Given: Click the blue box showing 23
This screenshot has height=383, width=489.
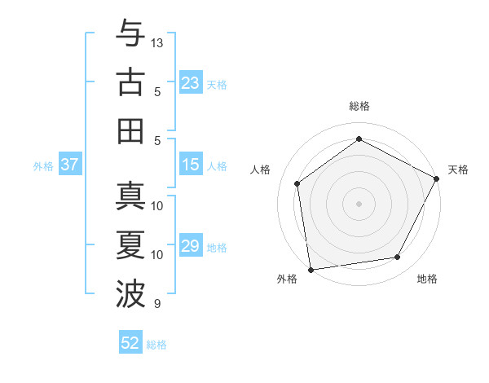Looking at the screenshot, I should point(191,82).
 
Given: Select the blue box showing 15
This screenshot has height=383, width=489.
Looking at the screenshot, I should point(191,165).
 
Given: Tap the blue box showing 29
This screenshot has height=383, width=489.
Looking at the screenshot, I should point(191,246).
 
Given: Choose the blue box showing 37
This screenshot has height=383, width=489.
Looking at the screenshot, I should point(70,165).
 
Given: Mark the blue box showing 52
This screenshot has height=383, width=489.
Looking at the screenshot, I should point(130,343).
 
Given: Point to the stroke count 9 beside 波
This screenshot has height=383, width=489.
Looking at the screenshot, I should point(156,304).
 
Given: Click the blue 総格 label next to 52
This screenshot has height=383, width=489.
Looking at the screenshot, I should point(156,345).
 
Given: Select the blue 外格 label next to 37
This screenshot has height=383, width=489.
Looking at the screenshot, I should point(43,166).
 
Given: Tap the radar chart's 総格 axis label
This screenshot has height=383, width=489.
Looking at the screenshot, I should point(359,106).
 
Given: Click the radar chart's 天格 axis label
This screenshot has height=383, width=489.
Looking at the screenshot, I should point(458,169).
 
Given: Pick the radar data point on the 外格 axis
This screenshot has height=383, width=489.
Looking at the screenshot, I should point(311,269).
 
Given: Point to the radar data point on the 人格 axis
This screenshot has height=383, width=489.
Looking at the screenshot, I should point(297,183).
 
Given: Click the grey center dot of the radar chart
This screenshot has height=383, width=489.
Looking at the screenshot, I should point(359,203).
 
